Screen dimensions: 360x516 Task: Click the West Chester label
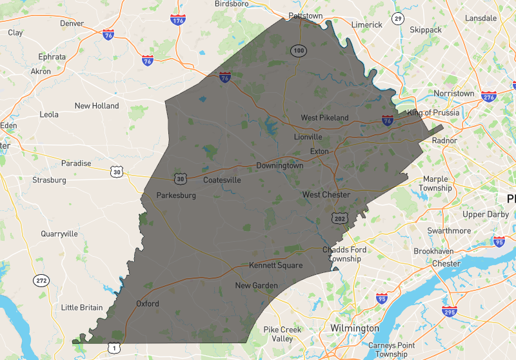point(326,195)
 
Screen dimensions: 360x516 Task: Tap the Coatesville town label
point(222,180)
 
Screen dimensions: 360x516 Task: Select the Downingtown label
point(279,166)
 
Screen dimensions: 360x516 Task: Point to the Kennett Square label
point(275,266)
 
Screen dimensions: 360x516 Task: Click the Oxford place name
point(147,304)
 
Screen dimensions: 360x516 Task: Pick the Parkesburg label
point(176,195)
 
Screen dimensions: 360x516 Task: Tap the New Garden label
point(256,286)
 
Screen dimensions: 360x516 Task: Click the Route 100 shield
point(297,50)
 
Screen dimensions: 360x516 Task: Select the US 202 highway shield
point(340,219)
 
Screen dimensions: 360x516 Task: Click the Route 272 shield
point(41,281)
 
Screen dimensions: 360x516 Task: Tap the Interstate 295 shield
point(451,312)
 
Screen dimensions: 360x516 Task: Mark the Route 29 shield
point(398,19)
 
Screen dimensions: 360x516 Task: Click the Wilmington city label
point(355,328)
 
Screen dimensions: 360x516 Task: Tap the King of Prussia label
point(433,113)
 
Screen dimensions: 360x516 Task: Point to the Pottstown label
point(305,15)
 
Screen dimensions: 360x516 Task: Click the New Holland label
point(97,106)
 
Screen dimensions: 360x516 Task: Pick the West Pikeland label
point(324,118)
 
